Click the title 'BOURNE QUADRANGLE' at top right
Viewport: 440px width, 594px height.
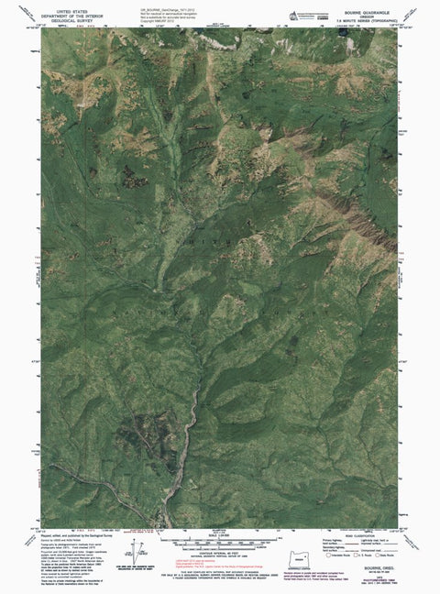click(x=369, y=6)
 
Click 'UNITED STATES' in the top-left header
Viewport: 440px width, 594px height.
click(x=67, y=5)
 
